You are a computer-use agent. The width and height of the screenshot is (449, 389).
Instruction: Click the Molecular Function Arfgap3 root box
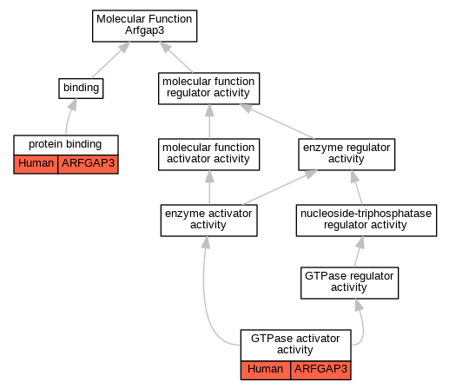click(144, 26)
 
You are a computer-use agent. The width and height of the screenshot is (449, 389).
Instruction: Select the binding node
click(81, 89)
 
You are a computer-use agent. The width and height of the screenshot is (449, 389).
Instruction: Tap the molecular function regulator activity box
click(208, 89)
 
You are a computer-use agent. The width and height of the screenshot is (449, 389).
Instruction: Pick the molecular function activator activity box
click(208, 155)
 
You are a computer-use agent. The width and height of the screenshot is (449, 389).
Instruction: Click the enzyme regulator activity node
click(347, 155)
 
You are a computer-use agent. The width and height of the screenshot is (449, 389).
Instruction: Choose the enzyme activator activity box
click(208, 221)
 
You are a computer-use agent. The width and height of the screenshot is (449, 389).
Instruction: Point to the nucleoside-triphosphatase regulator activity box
click(366, 221)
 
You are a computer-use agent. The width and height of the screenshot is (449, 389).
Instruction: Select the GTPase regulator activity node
click(349, 283)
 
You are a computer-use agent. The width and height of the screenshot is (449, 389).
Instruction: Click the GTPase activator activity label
click(295, 344)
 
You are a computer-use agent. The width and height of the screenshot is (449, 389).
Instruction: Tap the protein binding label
click(65, 144)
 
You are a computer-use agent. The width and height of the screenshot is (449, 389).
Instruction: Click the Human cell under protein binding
click(36, 164)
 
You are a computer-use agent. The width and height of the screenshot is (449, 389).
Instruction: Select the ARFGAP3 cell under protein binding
click(88, 164)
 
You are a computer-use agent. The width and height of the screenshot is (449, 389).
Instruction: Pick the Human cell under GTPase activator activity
click(266, 370)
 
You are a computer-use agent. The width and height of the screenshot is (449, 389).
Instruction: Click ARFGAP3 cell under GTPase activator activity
click(320, 370)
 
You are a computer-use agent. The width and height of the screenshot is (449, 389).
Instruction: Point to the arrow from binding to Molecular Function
click(110, 60)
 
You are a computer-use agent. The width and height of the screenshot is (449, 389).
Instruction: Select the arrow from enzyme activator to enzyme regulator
click(280, 188)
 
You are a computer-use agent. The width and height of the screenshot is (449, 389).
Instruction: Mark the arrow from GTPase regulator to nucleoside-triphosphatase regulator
click(359, 252)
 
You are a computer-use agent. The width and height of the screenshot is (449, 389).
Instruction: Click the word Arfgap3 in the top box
click(144, 30)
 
